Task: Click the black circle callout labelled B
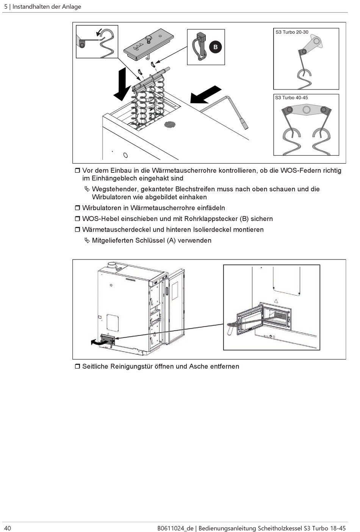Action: pyautogui.click(x=215, y=47)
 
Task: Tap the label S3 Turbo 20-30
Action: pyautogui.click(x=292, y=32)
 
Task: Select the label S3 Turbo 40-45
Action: pyautogui.click(x=291, y=98)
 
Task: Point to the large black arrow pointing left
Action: pyautogui.click(x=205, y=95)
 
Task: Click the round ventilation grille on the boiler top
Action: pyautogui.click(x=170, y=124)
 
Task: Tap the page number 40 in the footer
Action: pyautogui.click(x=8, y=528)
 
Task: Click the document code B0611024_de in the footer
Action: pyautogui.click(x=175, y=528)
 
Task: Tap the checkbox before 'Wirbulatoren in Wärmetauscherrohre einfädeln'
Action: pyautogui.click(x=77, y=208)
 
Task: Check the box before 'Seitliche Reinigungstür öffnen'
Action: pyautogui.click(x=77, y=366)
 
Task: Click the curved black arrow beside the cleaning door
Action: pyautogui.click(x=96, y=342)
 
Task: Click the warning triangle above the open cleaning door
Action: pyautogui.click(x=276, y=301)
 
